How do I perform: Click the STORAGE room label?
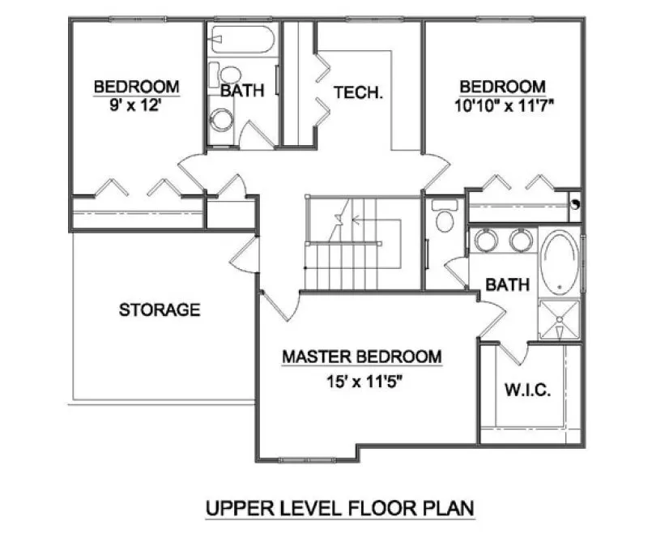coord(160,310)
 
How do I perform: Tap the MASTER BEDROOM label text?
coord(361,357)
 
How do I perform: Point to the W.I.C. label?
coord(529,391)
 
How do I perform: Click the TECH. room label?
coord(359,92)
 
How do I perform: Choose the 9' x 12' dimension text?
coord(136,105)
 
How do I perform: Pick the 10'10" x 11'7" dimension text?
coord(503,105)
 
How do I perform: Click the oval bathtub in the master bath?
coord(560,262)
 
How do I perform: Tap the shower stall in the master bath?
coord(560,321)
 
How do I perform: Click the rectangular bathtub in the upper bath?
coord(243,38)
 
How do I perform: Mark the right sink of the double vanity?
coord(521,240)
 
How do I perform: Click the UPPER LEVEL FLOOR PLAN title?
coord(339,508)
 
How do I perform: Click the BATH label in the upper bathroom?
coord(242,91)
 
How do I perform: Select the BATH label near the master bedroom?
coord(507,284)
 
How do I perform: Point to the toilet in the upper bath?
coord(225,75)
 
